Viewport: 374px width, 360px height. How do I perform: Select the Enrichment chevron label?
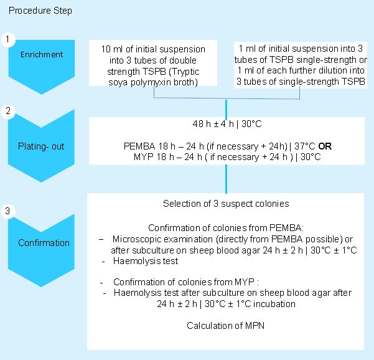[x=42, y=55]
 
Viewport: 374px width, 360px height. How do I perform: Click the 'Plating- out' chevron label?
[x=41, y=146]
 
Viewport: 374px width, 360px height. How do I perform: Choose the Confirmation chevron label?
[x=44, y=243]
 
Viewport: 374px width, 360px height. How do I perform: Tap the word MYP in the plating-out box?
[x=143, y=158]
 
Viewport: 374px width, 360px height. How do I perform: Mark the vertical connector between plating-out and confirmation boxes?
[x=225, y=179]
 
